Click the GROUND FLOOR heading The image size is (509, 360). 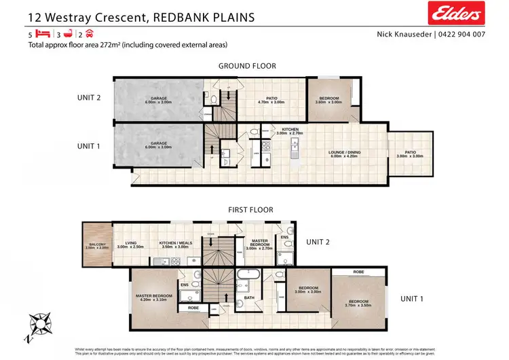(x=246, y=66)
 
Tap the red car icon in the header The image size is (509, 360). (x=88, y=33)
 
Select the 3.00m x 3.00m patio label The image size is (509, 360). (x=410, y=154)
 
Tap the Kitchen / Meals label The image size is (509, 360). (x=176, y=245)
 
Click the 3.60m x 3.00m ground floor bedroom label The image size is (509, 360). (x=330, y=101)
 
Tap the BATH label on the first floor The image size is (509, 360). (x=249, y=298)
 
